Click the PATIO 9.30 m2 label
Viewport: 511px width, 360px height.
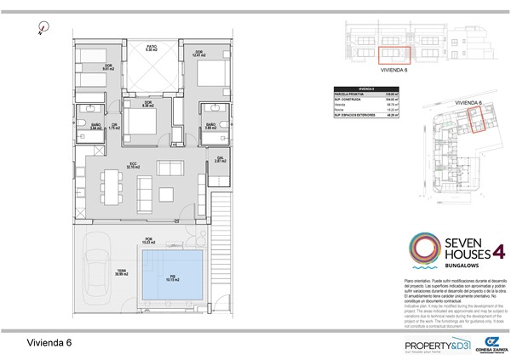152,49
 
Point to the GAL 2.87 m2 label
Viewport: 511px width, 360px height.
219,159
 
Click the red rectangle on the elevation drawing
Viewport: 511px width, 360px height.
393,55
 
